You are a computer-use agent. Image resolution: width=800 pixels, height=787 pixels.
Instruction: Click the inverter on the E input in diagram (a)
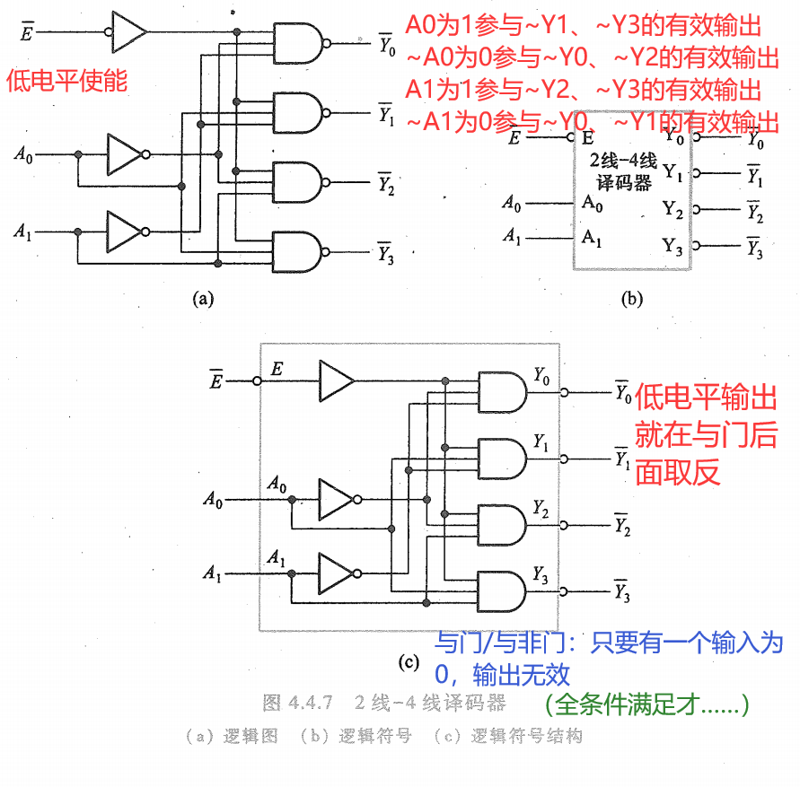click(x=128, y=31)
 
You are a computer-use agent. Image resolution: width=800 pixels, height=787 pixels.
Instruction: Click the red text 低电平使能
click(x=67, y=81)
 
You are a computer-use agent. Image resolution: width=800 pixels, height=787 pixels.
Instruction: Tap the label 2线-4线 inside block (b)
click(x=623, y=162)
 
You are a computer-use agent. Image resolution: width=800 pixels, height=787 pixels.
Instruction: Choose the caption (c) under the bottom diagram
click(x=409, y=662)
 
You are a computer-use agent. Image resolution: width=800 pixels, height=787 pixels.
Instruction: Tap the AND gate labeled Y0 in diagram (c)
click(x=503, y=392)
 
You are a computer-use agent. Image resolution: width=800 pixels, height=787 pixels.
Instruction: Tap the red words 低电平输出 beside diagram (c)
click(x=706, y=398)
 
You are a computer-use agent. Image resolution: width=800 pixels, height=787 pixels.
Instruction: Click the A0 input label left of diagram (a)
click(x=23, y=155)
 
